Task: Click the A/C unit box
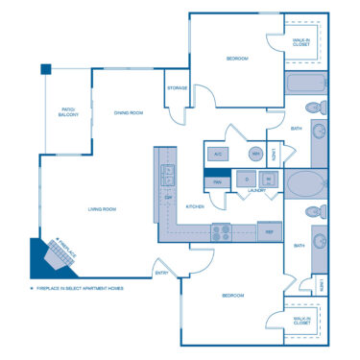[218, 154]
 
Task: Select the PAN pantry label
[217, 180]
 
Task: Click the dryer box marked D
[247, 179]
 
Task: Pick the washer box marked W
[268, 179]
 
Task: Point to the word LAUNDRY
[256, 190]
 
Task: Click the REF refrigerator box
[269, 230]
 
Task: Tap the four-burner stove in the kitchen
[222, 230]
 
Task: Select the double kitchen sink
[168, 175]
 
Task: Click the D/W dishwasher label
[169, 198]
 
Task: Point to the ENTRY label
[161, 274]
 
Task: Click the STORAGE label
[177, 87]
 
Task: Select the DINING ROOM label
[129, 112]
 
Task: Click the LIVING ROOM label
[103, 207]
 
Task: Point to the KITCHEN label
[196, 206]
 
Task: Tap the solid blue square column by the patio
[45, 69]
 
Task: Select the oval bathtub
[305, 182]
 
